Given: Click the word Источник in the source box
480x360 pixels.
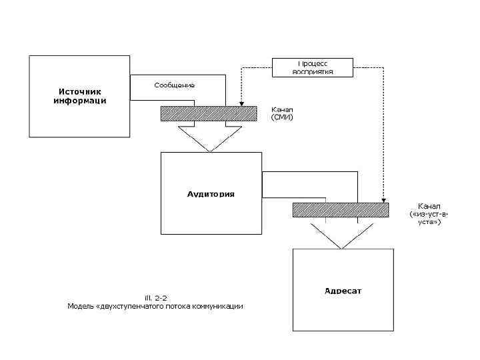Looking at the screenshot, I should click(79, 91).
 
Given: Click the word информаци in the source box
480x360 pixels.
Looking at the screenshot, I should click(79, 101).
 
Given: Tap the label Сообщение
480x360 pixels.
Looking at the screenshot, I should click(174, 85).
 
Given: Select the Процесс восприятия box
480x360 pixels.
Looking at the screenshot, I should click(312, 67).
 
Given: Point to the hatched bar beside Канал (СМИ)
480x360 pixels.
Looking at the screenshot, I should click(209, 113).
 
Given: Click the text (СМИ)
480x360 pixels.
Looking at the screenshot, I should click(281, 117).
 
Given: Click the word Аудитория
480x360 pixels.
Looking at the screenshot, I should click(211, 194).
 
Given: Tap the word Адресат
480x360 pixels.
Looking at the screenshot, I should click(343, 291).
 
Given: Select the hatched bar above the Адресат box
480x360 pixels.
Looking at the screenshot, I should click(340, 210).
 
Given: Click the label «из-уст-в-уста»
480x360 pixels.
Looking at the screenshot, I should click(429, 218).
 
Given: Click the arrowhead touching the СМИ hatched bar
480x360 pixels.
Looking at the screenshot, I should click(241, 103).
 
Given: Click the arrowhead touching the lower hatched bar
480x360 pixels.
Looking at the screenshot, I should click(383, 199).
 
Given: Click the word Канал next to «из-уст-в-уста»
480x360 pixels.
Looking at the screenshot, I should click(429, 205).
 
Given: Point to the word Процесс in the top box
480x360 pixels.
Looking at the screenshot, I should click(312, 63).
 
